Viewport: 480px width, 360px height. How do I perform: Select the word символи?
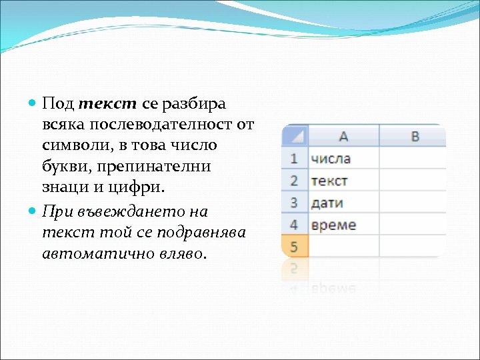[73, 145]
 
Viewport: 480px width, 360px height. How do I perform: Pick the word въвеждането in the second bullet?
[131, 212]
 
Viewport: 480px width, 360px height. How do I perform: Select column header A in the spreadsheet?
[343, 136]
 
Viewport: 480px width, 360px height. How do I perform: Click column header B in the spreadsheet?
[415, 136]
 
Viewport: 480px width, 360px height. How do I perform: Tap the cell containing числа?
[343, 159]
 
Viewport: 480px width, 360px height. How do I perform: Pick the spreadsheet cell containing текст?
[343, 181]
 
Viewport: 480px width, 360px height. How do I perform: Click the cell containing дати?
[343, 203]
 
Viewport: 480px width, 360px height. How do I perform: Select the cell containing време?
[343, 225]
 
